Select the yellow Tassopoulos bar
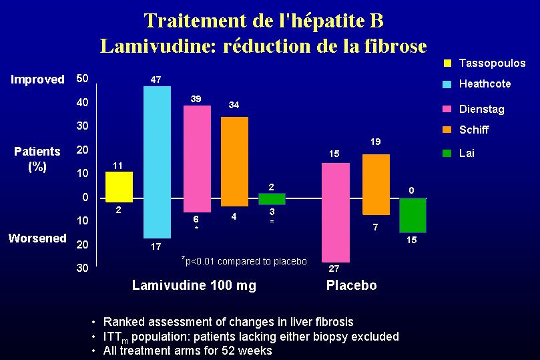click(119, 186)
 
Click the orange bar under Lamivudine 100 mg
click(234, 161)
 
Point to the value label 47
click(156, 79)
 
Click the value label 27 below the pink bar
click(334, 270)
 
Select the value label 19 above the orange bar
click(375, 142)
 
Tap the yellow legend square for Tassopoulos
click(447, 63)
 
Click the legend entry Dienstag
click(481, 110)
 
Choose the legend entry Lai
click(467, 153)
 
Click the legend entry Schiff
click(474, 130)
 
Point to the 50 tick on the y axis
click(83, 78)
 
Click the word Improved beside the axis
click(38, 79)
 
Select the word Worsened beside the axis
click(37, 238)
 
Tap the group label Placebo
click(351, 286)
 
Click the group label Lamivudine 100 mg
click(194, 286)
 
